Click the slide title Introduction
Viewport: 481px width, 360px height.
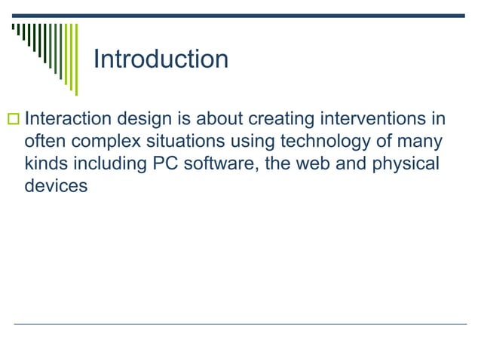coord(160,59)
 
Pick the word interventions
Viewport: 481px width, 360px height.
coord(383,120)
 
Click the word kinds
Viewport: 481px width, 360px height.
coord(47,163)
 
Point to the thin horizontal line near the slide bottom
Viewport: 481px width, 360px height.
coord(240,324)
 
